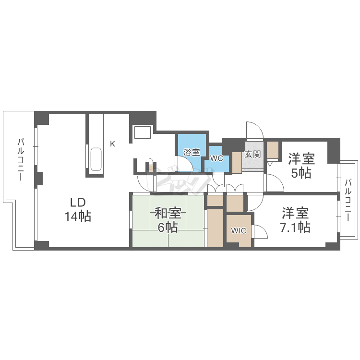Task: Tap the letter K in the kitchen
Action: pos(112,144)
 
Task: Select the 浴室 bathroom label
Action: pos(192,152)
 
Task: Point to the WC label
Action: pos(217,158)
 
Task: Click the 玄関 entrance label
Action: pos(252,154)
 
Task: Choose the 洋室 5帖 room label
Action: pos(301,166)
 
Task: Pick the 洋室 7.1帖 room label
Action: pos(295,220)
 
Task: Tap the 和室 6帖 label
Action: pos(168,220)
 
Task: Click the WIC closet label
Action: pos(239,230)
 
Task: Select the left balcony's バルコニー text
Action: pos(21,159)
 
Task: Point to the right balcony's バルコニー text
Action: pos(348,200)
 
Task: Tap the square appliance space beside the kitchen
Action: pos(143,132)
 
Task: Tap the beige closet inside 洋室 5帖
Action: pos(273,150)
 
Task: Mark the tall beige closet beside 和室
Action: pos(215,228)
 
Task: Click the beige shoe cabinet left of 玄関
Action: pos(237,162)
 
